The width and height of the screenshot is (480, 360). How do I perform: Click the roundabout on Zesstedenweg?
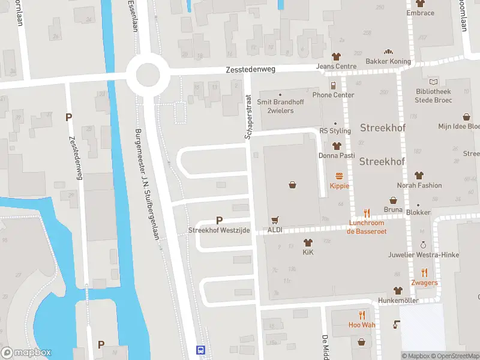click(147, 75)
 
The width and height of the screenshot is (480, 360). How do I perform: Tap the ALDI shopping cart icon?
click(275, 220)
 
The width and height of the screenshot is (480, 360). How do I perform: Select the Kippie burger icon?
click(339, 176)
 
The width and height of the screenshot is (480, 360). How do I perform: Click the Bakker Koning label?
click(388, 61)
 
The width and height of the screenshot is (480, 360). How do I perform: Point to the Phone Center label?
click(333, 95)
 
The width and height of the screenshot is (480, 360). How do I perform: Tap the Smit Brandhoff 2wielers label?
click(280, 106)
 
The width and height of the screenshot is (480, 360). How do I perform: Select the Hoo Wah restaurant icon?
click(361, 315)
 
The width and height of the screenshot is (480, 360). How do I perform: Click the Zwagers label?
click(424, 283)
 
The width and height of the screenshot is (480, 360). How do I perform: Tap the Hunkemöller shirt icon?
click(397, 290)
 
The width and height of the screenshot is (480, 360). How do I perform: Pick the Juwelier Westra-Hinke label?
click(424, 255)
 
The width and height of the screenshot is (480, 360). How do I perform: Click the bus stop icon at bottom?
click(201, 350)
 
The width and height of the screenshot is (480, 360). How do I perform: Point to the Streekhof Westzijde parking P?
click(219, 220)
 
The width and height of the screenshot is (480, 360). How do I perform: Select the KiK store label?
click(308, 253)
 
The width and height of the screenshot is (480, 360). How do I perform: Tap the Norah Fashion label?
click(419, 185)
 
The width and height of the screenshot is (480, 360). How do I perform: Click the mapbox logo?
click(26, 352)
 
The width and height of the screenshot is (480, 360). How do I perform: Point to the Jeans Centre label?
click(336, 66)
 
